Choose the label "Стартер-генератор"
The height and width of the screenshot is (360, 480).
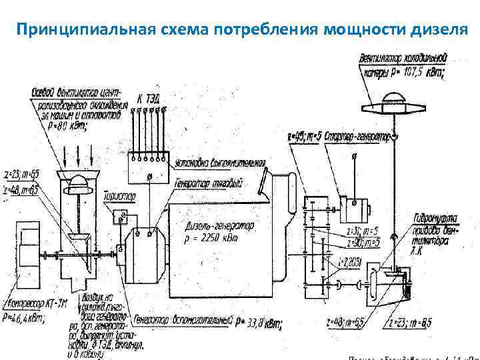(x=357, y=136)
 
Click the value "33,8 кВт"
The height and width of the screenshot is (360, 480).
(x=263, y=323)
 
